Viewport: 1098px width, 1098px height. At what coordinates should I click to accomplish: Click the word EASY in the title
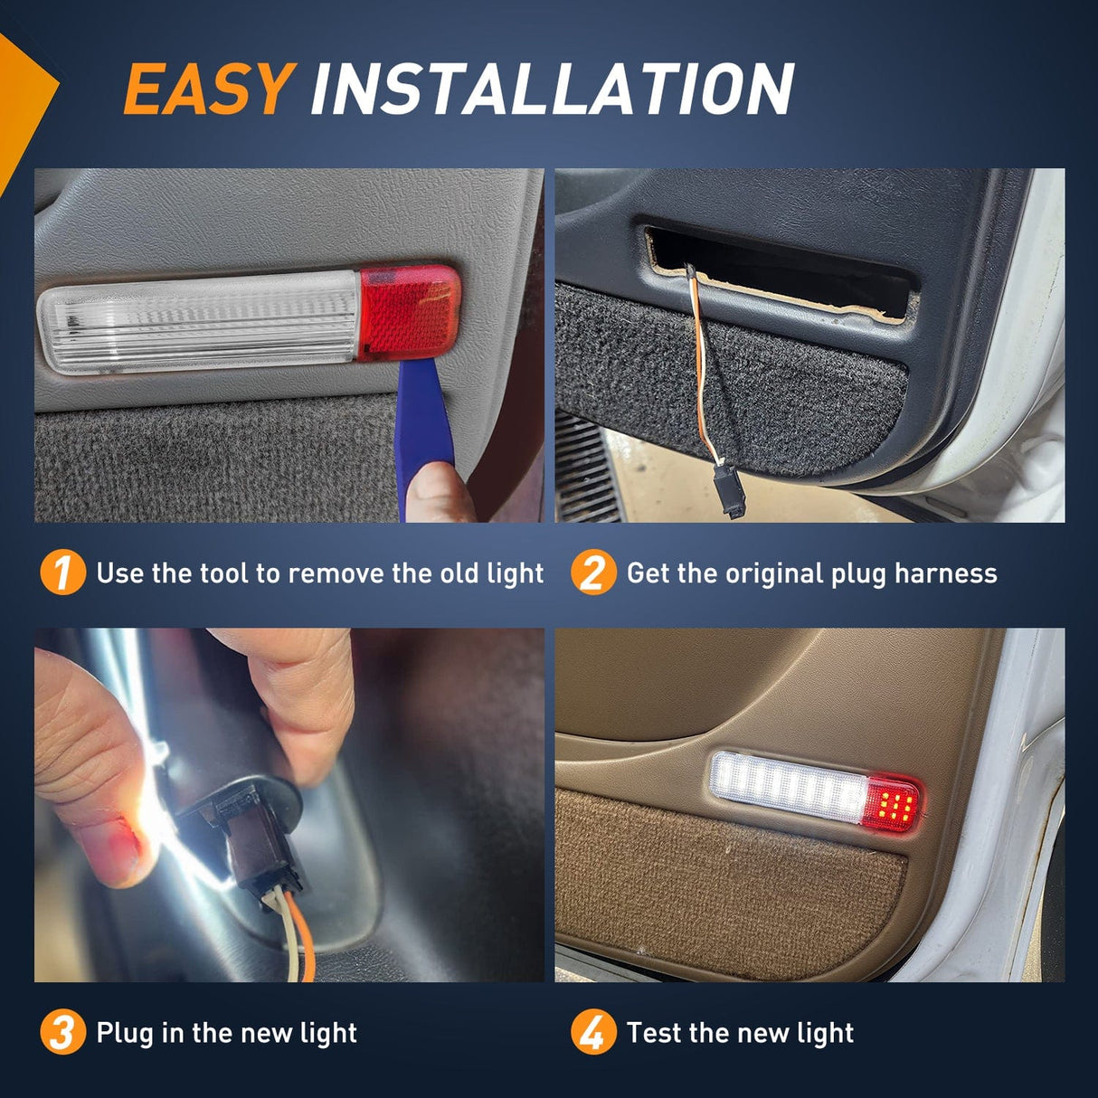[209, 89]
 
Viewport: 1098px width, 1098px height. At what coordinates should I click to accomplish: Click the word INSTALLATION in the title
[552, 89]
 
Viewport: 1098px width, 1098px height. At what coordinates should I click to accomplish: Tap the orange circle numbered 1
[62, 573]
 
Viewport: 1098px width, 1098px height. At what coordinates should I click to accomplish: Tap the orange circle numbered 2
[593, 573]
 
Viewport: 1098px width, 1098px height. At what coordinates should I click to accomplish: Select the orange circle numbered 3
[62, 1033]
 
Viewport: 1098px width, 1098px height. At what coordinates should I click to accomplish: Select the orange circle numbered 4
[593, 1033]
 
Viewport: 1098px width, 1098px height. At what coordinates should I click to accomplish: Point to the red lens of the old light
[409, 312]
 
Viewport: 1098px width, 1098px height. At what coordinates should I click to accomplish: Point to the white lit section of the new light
[790, 788]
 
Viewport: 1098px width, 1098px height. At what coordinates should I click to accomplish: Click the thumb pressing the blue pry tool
[438, 493]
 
